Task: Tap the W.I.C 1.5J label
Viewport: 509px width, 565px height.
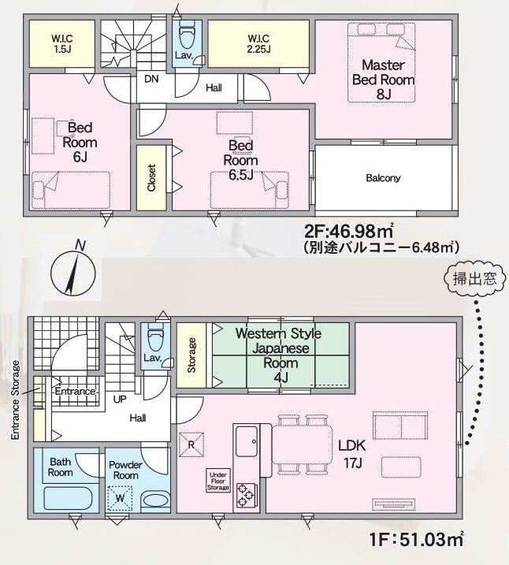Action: (62, 43)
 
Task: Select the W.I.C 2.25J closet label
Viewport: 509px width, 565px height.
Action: (258, 43)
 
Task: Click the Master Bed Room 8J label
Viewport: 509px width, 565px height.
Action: (383, 80)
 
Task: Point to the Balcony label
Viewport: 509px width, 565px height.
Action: (383, 178)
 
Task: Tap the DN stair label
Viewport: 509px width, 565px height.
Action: (151, 79)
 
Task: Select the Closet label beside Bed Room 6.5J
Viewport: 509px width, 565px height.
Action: (151, 177)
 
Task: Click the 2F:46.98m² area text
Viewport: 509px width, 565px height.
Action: (348, 231)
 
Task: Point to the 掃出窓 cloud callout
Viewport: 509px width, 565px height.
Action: (475, 278)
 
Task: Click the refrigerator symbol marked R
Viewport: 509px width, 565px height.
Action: (191, 444)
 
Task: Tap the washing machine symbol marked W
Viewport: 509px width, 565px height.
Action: (120, 499)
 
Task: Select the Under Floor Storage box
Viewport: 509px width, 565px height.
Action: (218, 481)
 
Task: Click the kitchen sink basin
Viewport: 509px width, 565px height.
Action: (247, 441)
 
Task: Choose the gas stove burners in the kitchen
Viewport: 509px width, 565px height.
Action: (247, 494)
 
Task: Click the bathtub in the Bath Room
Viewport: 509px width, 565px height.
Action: (68, 498)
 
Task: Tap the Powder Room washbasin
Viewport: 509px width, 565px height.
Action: (154, 501)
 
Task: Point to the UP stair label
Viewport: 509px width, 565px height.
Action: (120, 400)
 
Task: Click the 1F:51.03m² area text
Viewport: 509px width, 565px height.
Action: (417, 540)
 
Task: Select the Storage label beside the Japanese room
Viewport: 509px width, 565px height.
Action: (191, 355)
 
